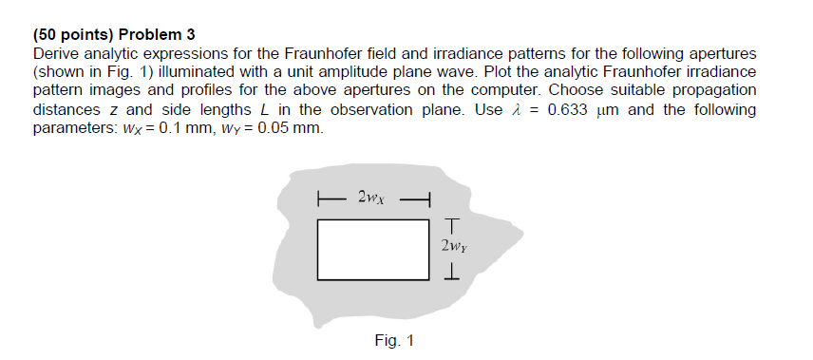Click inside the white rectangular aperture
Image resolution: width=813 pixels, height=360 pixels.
pos(372,250)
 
